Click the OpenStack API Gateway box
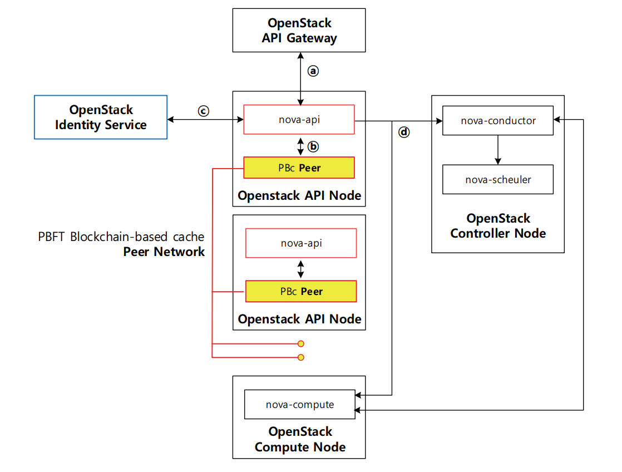click(299, 31)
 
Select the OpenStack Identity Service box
click(101, 117)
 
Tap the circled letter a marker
click(313, 71)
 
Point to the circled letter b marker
click(313, 146)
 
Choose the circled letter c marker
click(204, 111)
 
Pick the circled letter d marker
click(404, 132)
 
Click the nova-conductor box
click(498, 120)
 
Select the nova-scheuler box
click(498, 179)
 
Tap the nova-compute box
click(300, 404)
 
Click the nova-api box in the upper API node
click(300, 119)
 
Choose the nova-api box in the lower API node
click(301, 243)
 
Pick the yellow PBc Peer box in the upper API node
click(299, 168)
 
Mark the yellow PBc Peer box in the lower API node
click(301, 291)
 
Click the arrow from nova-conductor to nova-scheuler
click(498, 149)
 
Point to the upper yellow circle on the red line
click(301, 344)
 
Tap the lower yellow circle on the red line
click(301, 357)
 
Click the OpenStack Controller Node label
click(498, 225)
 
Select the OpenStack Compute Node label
click(300, 439)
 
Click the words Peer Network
click(164, 252)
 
